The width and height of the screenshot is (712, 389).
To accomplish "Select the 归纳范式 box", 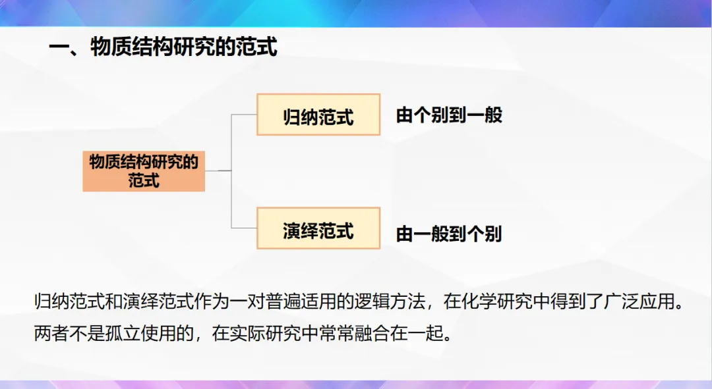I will pyautogui.click(x=318, y=115).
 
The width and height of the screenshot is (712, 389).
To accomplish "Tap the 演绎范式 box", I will pyautogui.click(x=318, y=229).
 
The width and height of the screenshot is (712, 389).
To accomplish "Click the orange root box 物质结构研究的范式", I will pyautogui.click(x=144, y=170).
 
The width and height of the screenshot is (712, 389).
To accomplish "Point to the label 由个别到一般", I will pyautogui.click(x=449, y=116).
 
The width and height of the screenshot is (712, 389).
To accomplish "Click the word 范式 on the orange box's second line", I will pyautogui.click(x=144, y=180).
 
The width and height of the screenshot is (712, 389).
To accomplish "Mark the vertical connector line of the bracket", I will pyautogui.click(x=231, y=171).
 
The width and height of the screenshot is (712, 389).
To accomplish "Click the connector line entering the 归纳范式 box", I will pyautogui.click(x=244, y=115).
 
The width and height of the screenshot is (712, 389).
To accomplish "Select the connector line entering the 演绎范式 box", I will pyautogui.click(x=244, y=228).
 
